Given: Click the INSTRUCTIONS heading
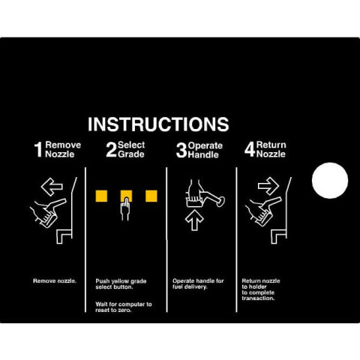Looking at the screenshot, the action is (158, 124).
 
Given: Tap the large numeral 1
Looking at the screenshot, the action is (38, 150).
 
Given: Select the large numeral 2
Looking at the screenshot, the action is (111, 149).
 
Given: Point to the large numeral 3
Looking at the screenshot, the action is (181, 150).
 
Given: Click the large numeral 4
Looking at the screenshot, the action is (250, 149).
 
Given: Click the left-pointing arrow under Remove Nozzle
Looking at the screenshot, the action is (52, 187).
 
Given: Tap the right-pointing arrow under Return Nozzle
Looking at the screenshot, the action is (268, 186).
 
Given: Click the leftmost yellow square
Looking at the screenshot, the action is (101, 196).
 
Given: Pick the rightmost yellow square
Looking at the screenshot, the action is (151, 196).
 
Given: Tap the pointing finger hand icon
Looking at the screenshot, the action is (125, 209).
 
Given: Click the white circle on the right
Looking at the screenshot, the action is (330, 181).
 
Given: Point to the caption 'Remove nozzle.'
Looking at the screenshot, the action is (55, 281).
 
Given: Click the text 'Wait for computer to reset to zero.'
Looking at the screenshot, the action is (124, 307).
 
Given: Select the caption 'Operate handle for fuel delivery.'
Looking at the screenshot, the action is (198, 283).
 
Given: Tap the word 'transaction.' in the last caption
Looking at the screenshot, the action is (258, 298).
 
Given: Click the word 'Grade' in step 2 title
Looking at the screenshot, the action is (131, 154).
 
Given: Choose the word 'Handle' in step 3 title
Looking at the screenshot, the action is (203, 155).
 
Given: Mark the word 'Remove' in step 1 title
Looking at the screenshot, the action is (63, 145).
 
